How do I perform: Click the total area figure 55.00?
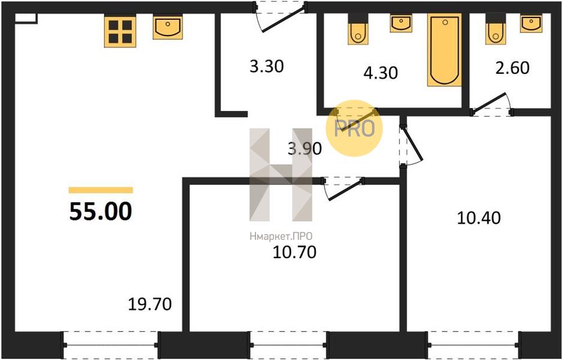(x=101, y=212)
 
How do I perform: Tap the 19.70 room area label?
(x=150, y=305)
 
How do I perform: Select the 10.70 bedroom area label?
(x=294, y=252)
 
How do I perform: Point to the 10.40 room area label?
(x=478, y=218)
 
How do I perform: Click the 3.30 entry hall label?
(x=267, y=67)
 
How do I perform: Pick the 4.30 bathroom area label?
(x=381, y=73)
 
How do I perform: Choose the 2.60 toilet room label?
(x=513, y=68)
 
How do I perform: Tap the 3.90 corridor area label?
(x=305, y=148)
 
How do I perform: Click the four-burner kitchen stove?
(x=121, y=32)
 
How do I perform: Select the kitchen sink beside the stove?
(x=168, y=28)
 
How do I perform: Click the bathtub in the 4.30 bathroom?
(x=444, y=50)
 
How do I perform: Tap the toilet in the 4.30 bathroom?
(x=358, y=29)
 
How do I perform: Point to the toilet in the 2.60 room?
(x=495, y=29)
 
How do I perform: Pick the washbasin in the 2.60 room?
(x=531, y=24)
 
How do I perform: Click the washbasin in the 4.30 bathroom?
(x=401, y=23)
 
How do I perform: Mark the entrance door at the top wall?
(x=281, y=17)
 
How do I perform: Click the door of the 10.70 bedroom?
(x=344, y=188)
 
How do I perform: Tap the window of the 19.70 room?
(x=110, y=345)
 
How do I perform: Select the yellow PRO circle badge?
(x=354, y=128)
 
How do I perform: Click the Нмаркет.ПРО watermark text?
(x=281, y=236)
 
